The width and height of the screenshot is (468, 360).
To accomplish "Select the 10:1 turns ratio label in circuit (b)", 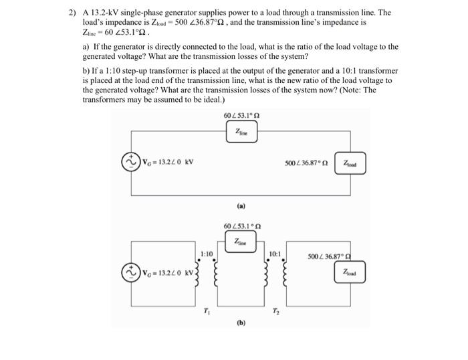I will [274, 254].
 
